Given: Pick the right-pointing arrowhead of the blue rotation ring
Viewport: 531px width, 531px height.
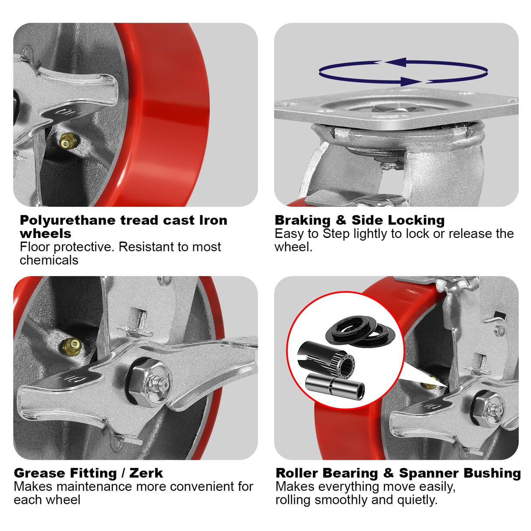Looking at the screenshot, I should click(411, 81).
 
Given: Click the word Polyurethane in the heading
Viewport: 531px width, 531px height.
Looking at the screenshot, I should click(68, 220).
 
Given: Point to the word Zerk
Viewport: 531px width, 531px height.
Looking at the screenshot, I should click(146, 473).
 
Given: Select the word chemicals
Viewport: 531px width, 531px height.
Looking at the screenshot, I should click(49, 260).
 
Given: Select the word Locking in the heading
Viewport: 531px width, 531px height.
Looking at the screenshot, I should click(416, 220).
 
